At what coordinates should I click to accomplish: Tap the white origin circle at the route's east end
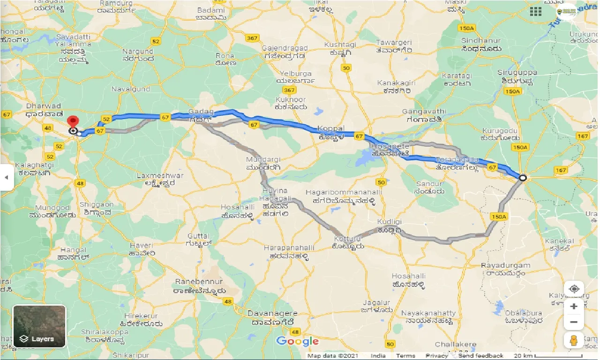coord(523,178)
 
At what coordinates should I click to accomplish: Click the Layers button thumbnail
coord(39,327)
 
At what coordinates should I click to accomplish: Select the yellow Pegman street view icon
coord(574,341)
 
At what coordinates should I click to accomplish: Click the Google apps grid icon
coord(535,12)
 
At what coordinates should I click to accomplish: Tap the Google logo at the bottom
coord(297,342)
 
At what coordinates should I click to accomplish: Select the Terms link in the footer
coord(405,356)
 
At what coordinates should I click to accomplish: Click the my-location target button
coord(574,289)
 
